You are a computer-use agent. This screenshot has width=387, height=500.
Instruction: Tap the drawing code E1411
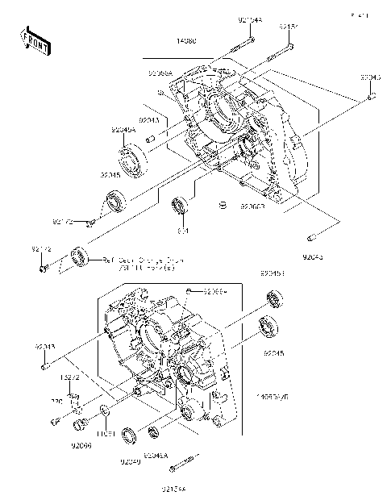(360, 15)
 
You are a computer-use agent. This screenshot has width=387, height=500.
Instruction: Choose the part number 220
(57, 400)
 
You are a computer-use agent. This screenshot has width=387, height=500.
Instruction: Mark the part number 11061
(106, 434)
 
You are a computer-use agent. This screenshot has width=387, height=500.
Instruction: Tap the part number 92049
(131, 461)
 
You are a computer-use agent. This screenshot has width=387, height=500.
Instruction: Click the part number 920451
(273, 274)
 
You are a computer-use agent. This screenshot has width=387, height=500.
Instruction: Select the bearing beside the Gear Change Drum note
(77, 257)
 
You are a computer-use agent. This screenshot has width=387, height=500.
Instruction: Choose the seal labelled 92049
(128, 438)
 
